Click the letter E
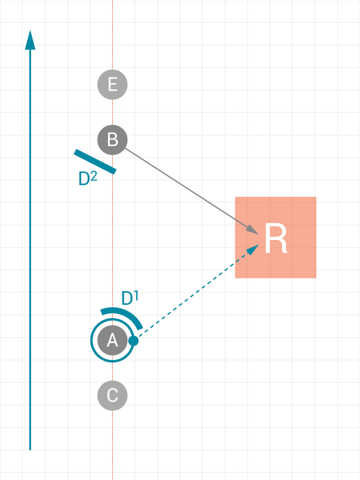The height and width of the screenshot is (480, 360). pyautogui.click(x=112, y=85)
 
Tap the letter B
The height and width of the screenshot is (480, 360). pyautogui.click(x=112, y=140)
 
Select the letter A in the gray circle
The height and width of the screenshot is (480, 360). pyautogui.click(x=112, y=341)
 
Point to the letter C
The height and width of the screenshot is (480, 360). pyautogui.click(x=112, y=395)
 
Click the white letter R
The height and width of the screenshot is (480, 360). pyautogui.click(x=275, y=239)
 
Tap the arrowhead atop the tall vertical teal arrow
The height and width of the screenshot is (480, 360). pyautogui.click(x=29, y=40)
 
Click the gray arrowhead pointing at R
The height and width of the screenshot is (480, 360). pyautogui.click(x=252, y=229)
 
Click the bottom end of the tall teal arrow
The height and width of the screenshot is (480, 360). pyautogui.click(x=27, y=446)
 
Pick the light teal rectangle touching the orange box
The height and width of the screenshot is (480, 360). pyautogui.click(x=213, y=274)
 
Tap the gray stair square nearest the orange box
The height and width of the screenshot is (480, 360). pyautogui.click(x=214, y=213)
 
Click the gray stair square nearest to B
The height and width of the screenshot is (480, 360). pyautogui.click(x=146, y=168)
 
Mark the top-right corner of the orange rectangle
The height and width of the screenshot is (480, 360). pyautogui.click(x=316, y=197)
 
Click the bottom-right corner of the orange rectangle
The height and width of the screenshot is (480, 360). pyautogui.click(x=316, y=278)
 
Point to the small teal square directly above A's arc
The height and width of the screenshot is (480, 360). pyautogui.click(x=125, y=297)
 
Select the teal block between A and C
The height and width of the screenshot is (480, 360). pyautogui.click(x=101, y=369)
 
